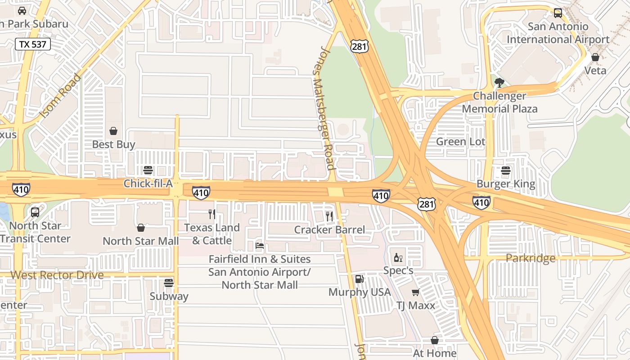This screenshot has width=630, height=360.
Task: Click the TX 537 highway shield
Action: coord(33,44)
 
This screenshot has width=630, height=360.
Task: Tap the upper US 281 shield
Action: coord(361,45)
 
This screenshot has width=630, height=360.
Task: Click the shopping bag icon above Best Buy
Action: coord(113,131)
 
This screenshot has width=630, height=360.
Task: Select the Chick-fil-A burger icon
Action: coord(148,170)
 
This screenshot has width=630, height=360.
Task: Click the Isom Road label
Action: coord(60,95)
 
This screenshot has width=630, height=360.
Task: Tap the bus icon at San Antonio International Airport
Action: coord(558,13)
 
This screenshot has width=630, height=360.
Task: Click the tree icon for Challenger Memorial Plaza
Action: coord(499,82)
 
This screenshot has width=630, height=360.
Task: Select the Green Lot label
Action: coord(461,142)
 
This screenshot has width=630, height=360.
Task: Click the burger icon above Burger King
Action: coord(506,171)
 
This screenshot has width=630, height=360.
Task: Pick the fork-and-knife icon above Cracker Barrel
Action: coord(329,216)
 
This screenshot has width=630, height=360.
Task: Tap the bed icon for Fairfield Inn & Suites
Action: coord(260,246)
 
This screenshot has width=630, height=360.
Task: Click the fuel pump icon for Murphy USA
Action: coord(359,279)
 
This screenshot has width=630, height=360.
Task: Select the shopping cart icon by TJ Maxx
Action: coord(415,292)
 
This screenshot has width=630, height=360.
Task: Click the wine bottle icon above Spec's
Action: coord(398,257)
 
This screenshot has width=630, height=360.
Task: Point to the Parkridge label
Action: coord(530,258)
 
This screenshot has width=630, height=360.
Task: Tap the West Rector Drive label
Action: coord(57,275)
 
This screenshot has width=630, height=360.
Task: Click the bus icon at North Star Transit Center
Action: coord(35,212)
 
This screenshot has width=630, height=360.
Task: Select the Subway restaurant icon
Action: coord(169,283)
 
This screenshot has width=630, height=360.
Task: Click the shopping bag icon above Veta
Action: coord(595,57)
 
